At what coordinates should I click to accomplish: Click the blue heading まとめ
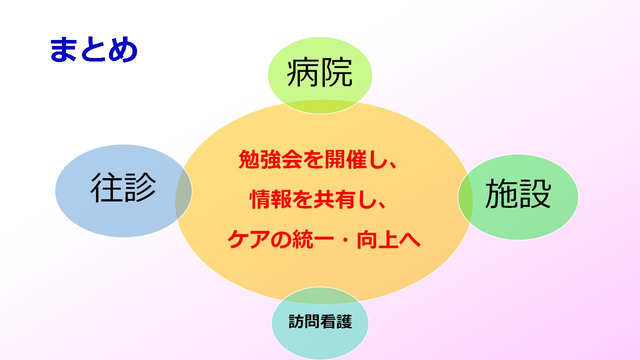click(93, 49)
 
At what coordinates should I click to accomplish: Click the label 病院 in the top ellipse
click(319, 73)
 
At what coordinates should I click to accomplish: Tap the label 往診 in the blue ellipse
click(123, 187)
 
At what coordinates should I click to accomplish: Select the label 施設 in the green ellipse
click(518, 193)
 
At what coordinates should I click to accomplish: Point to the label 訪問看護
click(320, 321)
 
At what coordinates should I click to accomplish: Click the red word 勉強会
click(270, 159)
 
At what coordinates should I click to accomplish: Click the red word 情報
click(271, 199)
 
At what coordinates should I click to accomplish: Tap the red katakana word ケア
click(249, 239)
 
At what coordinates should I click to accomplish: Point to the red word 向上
click(378, 239)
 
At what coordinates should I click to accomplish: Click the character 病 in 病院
click(302, 73)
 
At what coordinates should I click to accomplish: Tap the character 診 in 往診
click(140, 187)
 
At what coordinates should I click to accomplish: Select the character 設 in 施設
click(535, 193)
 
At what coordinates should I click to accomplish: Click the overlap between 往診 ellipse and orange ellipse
click(183, 191)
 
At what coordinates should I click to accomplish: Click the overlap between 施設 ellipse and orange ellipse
click(465, 197)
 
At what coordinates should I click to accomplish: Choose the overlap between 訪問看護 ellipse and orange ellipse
click(320, 295)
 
